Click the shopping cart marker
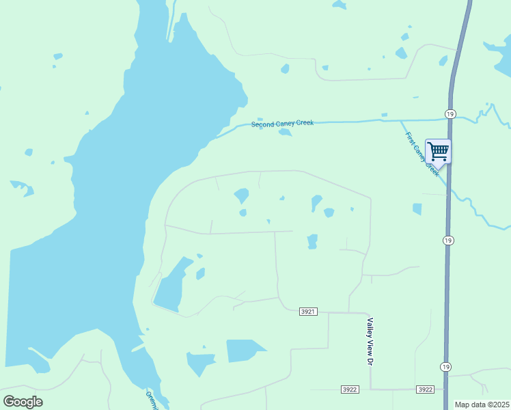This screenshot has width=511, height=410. tap(438, 150)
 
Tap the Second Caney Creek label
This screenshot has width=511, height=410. tap(282, 124)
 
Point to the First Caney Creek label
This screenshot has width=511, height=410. tap(422, 154)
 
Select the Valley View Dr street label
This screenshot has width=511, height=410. tap(370, 341)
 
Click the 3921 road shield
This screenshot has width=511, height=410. tap(308, 312)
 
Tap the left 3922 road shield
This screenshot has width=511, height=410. tap(350, 389)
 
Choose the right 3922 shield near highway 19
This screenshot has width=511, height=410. tap(425, 389)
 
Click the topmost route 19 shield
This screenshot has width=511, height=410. tap(450, 113)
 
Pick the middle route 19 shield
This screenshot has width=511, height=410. tap(447, 241)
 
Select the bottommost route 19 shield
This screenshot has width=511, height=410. tap(445, 366)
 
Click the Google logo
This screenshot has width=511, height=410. tap(23, 402)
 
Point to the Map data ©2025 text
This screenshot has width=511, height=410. tap(482, 405)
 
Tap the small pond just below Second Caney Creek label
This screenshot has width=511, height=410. tap(286, 133)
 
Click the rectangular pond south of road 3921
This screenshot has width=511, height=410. tap(244, 350)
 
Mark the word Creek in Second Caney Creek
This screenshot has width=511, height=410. tap(303, 123)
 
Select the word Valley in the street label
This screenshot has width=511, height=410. tap(370, 327)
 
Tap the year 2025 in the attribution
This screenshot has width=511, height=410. tap(499, 405)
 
